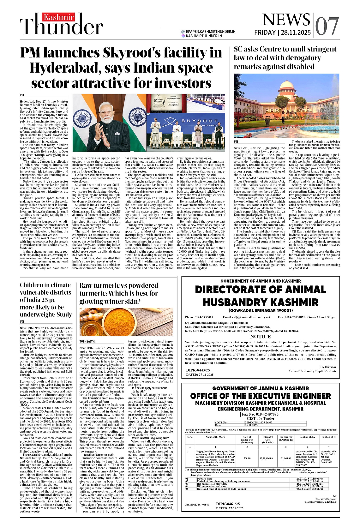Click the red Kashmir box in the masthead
pyautogui.click(x=59, y=17)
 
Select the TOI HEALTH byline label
pyautogui.click(x=87, y=341)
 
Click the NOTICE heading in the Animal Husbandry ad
pyautogui.click(x=260, y=337)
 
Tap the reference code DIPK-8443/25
pyautogui.click(x=198, y=370)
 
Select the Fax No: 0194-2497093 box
pyautogui.click(x=260, y=414)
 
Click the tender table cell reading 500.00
pyautogui.click(x=247, y=458)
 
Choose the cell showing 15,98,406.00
pyautogui.click(x=267, y=458)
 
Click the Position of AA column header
pyautogui.click(x=307, y=437)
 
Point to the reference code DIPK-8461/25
pyautogui.click(x=228, y=504)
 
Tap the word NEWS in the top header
pyautogui.click(x=286, y=20)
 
